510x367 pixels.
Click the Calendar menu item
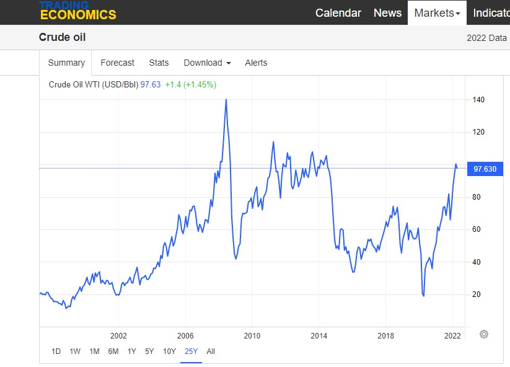(x=338, y=12)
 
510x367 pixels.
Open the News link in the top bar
(x=387, y=12)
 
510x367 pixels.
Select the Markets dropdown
(x=437, y=12)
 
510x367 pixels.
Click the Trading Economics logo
(x=77, y=11)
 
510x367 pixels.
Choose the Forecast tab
(x=117, y=63)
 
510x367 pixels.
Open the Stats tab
(x=159, y=63)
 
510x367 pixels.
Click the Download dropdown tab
(x=207, y=63)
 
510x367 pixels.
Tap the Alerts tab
(x=256, y=63)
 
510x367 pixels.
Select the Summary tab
(x=66, y=63)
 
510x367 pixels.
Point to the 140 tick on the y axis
(x=478, y=100)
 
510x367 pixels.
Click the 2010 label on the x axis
(x=252, y=335)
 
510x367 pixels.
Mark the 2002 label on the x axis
(x=118, y=335)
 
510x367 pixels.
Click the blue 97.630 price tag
(x=484, y=169)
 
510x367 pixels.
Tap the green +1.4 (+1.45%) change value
(x=190, y=84)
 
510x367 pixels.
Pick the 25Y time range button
(x=191, y=352)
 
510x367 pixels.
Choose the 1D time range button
(x=56, y=352)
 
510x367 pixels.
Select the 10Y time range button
(x=169, y=352)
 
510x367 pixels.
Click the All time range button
(x=211, y=352)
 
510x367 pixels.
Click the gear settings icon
(x=484, y=334)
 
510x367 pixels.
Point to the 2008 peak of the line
(x=226, y=99)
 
